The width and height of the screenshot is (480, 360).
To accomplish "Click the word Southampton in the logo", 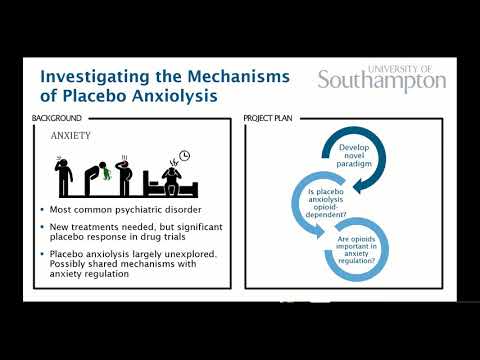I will point(381,81).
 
